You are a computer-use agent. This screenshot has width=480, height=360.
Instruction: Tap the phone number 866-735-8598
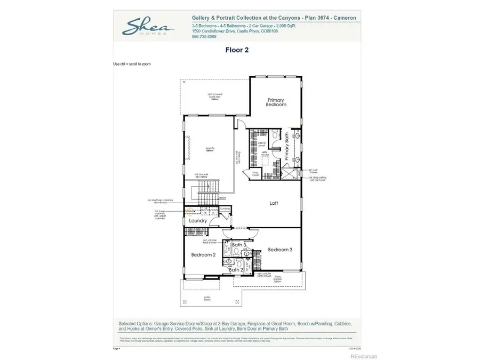(205, 37)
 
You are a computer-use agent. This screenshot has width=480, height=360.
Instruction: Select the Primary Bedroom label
(276, 102)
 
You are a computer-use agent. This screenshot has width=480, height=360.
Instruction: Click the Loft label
(274, 203)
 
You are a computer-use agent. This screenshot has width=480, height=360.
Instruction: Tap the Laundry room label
(198, 221)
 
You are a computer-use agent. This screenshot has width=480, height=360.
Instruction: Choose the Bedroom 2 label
(203, 255)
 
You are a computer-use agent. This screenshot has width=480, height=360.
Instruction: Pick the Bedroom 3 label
(279, 250)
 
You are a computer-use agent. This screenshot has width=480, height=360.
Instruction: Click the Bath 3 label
(231, 245)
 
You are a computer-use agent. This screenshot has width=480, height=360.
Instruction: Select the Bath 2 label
(236, 270)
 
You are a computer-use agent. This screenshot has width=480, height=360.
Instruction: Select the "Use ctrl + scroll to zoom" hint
(132, 64)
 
